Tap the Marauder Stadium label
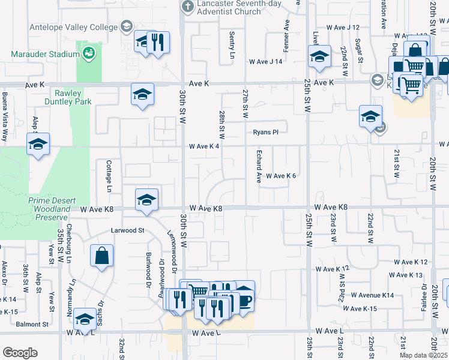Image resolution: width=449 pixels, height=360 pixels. (45, 54)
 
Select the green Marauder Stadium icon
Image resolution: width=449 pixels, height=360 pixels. (89, 53)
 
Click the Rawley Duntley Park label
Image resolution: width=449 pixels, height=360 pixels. (73, 97)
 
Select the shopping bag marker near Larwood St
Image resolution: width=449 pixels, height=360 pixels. (102, 256)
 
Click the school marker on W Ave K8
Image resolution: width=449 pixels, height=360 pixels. (146, 200)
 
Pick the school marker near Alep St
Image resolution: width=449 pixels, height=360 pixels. (38, 145)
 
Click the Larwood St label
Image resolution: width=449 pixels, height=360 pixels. (128, 230)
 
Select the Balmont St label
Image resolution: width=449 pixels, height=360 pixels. (32, 324)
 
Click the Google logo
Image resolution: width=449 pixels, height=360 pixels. (20, 353)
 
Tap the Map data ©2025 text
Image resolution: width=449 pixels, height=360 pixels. (422, 355)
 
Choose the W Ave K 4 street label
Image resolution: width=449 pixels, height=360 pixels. (204, 146)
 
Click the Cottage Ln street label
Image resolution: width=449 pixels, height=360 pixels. (109, 176)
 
